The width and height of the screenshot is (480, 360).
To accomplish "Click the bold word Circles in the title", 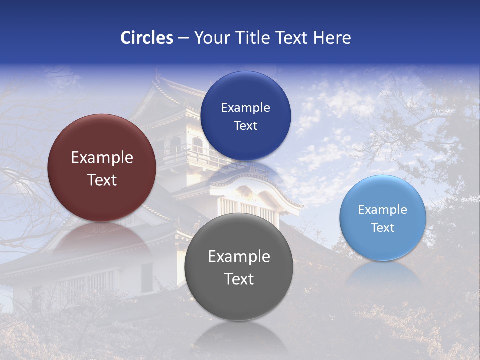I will [x=146, y=38].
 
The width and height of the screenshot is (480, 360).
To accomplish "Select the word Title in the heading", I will [x=252, y=38].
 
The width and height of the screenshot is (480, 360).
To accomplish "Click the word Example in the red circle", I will [x=102, y=158].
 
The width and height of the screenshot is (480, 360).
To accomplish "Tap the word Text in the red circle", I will [x=102, y=180].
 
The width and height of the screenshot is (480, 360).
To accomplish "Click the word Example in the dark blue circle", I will [x=245, y=108].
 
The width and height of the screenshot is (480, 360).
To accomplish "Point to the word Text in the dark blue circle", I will [x=245, y=125].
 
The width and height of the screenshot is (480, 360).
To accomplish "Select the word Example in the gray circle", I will [x=239, y=257].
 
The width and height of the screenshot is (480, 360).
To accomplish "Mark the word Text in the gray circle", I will [x=239, y=279].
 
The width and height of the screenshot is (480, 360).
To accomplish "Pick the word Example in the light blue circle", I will [x=383, y=210].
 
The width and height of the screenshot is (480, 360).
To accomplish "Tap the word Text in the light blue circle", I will [x=383, y=228].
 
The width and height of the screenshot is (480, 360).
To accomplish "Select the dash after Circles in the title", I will [x=183, y=38].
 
